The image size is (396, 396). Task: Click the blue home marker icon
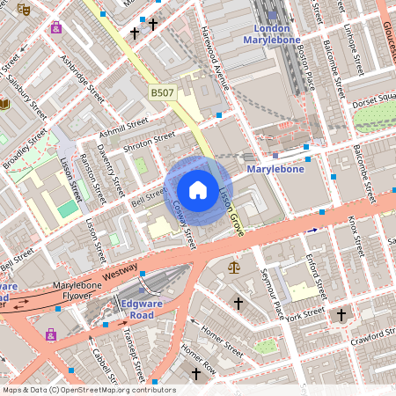click(x=198, y=190)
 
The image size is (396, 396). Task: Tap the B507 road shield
click(x=162, y=92)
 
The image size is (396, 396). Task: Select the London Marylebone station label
click(x=271, y=34)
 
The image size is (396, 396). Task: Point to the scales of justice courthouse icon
click(x=233, y=267)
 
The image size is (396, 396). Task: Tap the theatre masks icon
click(x=24, y=8)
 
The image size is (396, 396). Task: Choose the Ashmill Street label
click(x=125, y=128)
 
